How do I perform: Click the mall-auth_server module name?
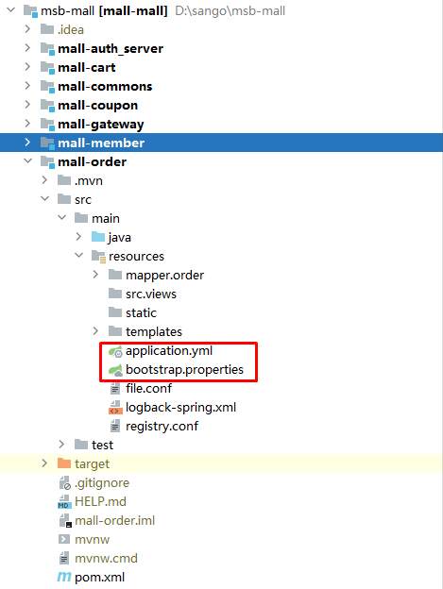111,49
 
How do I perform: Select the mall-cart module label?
87,68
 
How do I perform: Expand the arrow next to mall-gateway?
27,124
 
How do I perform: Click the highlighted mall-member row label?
101,143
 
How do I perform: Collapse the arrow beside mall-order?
27,161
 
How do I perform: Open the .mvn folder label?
88,181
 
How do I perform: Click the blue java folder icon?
98,237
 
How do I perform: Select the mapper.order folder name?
164,276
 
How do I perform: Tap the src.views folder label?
151,294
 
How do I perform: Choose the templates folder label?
154,332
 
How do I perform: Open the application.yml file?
169,351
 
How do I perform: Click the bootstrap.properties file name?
184,370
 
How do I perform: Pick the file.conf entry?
148,388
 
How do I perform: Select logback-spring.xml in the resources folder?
180,408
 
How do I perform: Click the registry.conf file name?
162,427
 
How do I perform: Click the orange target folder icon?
64,463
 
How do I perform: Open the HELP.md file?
100,502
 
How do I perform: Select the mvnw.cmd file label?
106,559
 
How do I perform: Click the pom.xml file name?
99,578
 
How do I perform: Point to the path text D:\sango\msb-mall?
230,11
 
